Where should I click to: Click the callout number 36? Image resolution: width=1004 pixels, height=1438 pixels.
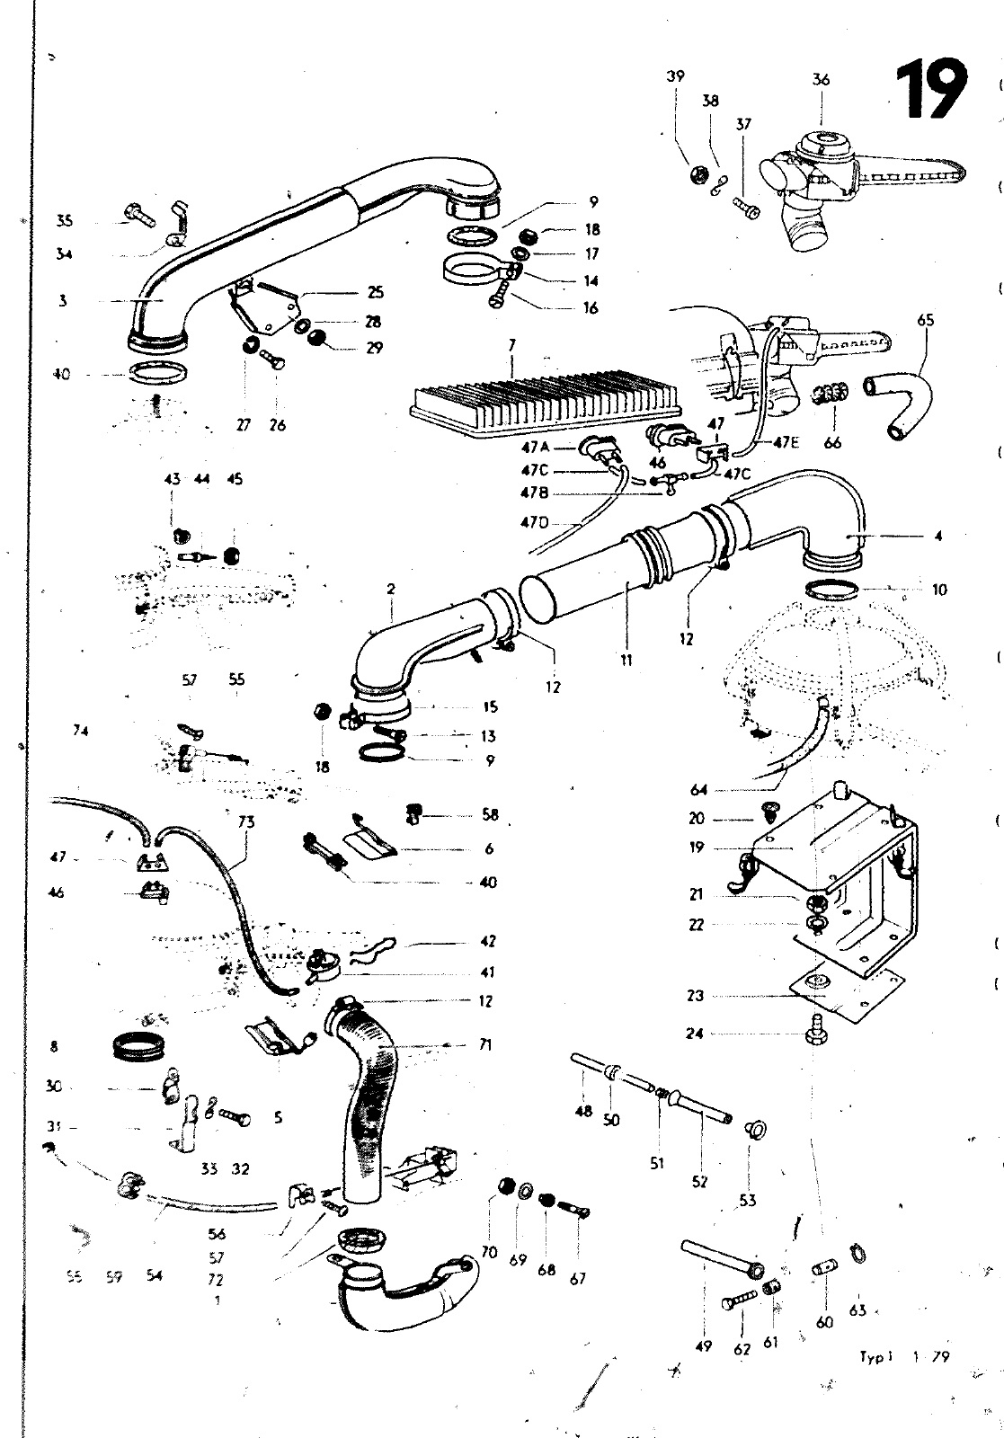click(821, 79)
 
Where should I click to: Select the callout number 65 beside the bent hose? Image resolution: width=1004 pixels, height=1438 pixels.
click(926, 319)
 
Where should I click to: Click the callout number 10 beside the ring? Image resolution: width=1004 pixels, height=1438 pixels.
click(939, 590)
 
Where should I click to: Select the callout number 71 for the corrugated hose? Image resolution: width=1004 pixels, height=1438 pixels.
click(485, 1045)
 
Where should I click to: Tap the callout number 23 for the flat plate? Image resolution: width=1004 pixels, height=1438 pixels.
click(696, 995)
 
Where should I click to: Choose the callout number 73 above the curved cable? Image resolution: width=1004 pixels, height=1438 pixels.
click(246, 821)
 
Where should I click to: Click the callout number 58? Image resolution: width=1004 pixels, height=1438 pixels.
click(489, 815)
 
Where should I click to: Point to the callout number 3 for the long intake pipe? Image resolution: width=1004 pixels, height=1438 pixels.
click(63, 301)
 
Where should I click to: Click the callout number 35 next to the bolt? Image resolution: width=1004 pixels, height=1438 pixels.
click(64, 220)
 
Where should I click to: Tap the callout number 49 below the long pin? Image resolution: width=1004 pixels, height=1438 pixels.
click(704, 1345)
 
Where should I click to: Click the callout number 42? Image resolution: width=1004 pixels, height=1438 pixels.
click(488, 941)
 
